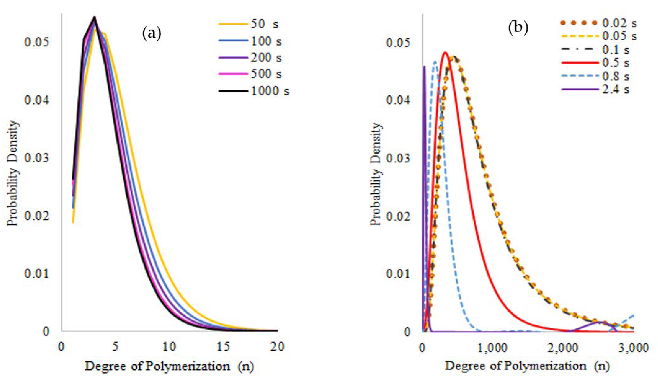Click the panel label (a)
coord(152,34)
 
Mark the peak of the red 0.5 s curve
coord(445,52)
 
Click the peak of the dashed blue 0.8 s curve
coord(435,62)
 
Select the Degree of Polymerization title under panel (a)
coord(169,366)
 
